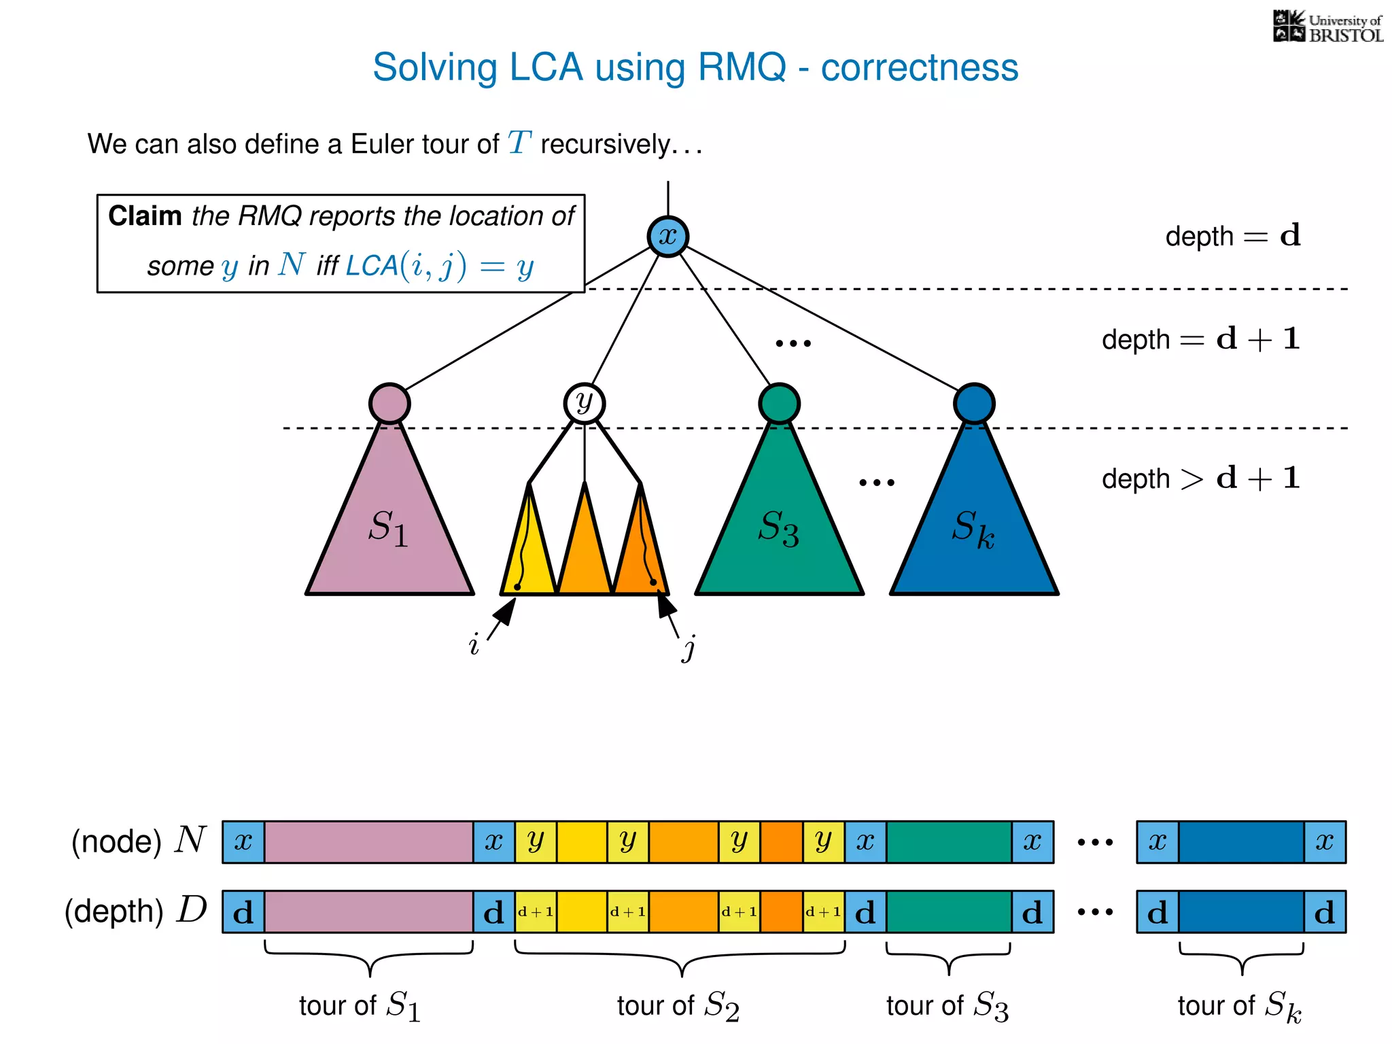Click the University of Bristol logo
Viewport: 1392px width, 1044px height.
[x=1327, y=27]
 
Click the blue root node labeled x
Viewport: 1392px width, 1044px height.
[x=667, y=237]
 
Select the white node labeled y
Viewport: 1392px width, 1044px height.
[x=584, y=403]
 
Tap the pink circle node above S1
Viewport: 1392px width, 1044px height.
[x=389, y=403]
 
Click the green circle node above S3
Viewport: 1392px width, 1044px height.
[x=779, y=403]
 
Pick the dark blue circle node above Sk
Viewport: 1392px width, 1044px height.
[x=974, y=403]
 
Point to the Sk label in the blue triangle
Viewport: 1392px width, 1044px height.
[x=973, y=528]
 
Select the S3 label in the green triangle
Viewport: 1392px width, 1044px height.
[x=778, y=528]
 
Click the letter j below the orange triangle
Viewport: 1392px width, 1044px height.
[x=689, y=648]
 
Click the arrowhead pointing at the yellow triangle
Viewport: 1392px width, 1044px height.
[x=506, y=610]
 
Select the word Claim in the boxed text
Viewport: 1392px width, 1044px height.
[x=145, y=216]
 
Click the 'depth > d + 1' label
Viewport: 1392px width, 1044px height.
[x=1200, y=478]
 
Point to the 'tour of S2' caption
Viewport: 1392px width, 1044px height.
[x=678, y=1005]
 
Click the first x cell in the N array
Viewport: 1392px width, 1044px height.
[x=243, y=842]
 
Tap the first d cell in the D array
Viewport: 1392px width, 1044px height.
[x=243, y=912]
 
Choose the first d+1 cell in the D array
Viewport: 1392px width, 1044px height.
[x=536, y=912]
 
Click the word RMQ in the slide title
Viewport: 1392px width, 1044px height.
[x=742, y=67]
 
